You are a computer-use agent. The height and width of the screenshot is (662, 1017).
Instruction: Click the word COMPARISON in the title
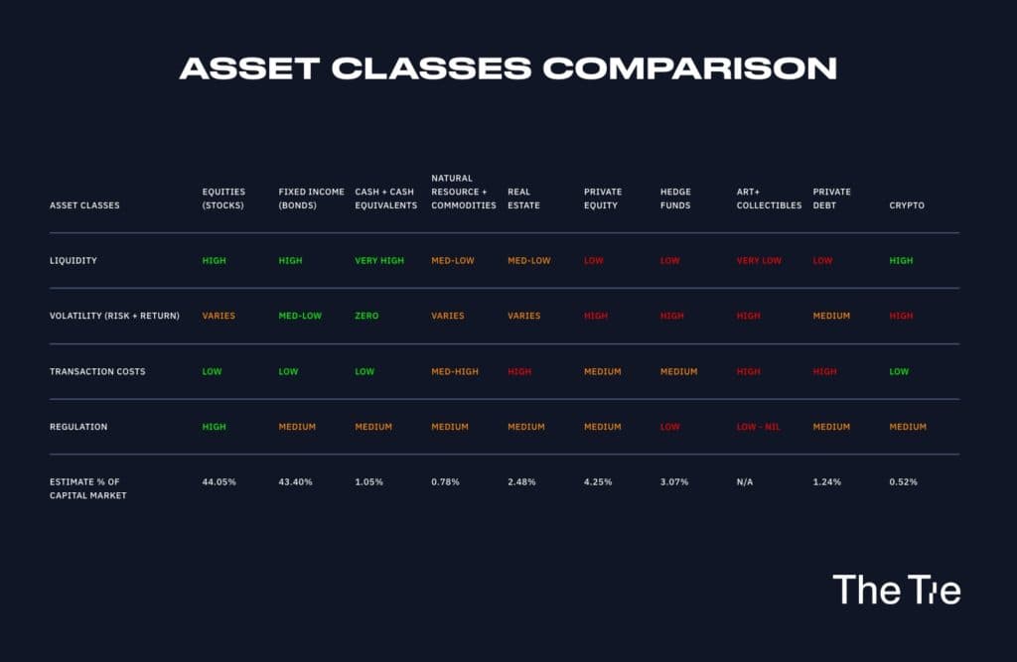pyautogui.click(x=690, y=68)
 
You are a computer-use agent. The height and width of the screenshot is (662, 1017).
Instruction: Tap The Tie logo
pyautogui.click(x=897, y=590)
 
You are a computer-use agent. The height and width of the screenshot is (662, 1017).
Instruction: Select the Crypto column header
pyautogui.click(x=907, y=205)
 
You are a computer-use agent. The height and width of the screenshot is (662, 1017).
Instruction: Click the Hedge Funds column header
pyautogui.click(x=675, y=199)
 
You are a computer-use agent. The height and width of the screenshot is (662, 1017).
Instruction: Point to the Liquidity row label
pyautogui.click(x=73, y=261)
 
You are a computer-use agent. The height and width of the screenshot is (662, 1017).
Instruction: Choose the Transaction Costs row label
pyautogui.click(x=97, y=371)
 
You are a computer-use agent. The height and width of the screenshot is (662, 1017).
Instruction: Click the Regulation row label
pyautogui.click(x=78, y=427)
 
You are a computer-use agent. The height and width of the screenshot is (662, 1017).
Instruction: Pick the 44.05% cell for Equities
pyautogui.click(x=219, y=481)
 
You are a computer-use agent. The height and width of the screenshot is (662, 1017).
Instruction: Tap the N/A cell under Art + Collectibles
pyautogui.click(x=745, y=481)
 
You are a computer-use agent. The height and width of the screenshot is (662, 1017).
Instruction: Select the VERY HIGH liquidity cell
pyautogui.click(x=379, y=261)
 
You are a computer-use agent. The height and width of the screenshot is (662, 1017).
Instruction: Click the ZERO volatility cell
pyautogui.click(x=366, y=316)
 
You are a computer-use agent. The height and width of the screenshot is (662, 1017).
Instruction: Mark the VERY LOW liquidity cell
pyautogui.click(x=759, y=261)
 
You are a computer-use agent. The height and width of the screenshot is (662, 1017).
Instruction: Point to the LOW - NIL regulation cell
pyautogui.click(x=758, y=427)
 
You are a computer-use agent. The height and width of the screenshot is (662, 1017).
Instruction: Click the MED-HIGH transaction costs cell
pyautogui.click(x=455, y=371)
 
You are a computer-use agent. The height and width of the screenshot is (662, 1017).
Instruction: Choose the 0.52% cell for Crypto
pyautogui.click(x=904, y=481)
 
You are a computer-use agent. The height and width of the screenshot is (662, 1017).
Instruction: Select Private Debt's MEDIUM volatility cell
pyautogui.click(x=831, y=316)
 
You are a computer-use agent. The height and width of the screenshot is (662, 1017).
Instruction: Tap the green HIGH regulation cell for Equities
pyautogui.click(x=215, y=427)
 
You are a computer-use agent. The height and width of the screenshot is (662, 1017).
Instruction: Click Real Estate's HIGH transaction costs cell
pyautogui.click(x=519, y=371)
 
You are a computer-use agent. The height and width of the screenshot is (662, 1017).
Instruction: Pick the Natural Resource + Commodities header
pyautogui.click(x=464, y=192)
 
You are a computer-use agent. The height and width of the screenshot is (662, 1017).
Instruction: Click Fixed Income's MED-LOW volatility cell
pyautogui.click(x=300, y=316)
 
